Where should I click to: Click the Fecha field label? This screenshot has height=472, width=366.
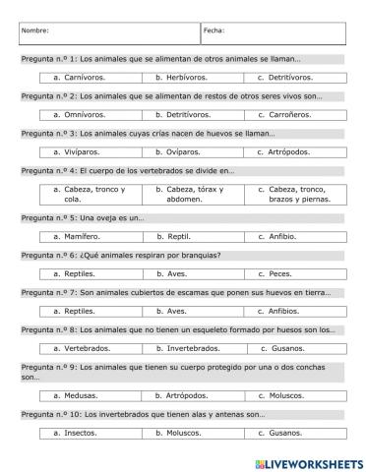pyautogui.click(x=213, y=30)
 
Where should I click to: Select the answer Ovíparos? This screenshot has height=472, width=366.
pyautogui.click(x=178, y=151)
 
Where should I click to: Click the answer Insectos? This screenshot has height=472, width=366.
pyautogui.click(x=78, y=433)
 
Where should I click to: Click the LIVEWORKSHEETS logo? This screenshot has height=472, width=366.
pyautogui.click(x=309, y=460)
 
